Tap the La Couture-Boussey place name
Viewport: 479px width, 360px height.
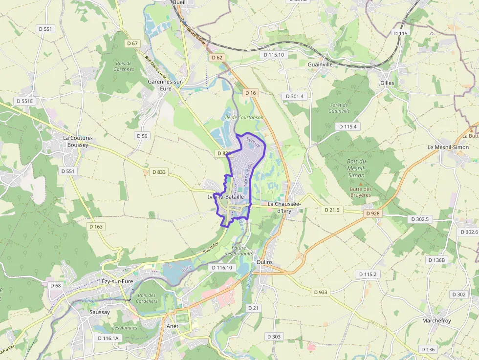click(78, 141)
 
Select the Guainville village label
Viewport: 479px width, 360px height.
click(320, 64)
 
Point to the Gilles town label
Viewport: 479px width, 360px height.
click(387, 83)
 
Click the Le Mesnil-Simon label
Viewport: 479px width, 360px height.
click(448, 147)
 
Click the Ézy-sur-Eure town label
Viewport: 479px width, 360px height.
click(117, 282)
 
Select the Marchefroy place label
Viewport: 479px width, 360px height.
click(436, 320)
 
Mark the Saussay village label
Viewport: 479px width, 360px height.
click(100, 311)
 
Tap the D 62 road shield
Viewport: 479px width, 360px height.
click(217, 58)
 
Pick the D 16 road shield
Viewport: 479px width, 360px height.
click(250, 93)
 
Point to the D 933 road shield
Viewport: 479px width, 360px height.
click(321, 292)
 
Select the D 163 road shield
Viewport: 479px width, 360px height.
click(96, 227)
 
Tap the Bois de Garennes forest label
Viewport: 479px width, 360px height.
click(123, 66)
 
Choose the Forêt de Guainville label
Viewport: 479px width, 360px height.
click(340, 108)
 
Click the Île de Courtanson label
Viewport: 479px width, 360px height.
click(243, 117)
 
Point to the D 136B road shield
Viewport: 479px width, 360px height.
click(436, 260)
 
